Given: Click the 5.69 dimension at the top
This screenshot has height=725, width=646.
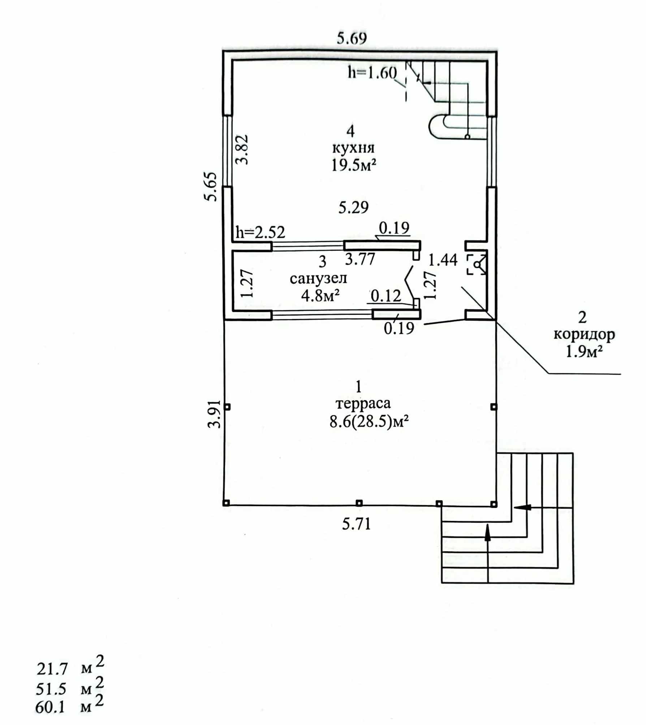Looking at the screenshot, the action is (352, 38).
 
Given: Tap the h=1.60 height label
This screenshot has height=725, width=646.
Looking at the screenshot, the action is (372, 73).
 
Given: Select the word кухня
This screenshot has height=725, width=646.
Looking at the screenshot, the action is (353, 148).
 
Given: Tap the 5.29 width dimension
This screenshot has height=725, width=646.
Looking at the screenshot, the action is (353, 207).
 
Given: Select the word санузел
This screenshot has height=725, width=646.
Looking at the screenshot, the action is (318, 278).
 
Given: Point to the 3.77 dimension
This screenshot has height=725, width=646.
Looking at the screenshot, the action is (360, 259).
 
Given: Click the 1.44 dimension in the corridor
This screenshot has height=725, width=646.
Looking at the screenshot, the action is (443, 259).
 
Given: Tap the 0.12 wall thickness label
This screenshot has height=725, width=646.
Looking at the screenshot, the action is (386, 296).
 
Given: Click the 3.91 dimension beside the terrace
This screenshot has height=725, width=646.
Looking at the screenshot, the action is (215, 414).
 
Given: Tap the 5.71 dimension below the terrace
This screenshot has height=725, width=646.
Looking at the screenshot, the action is (357, 524).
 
